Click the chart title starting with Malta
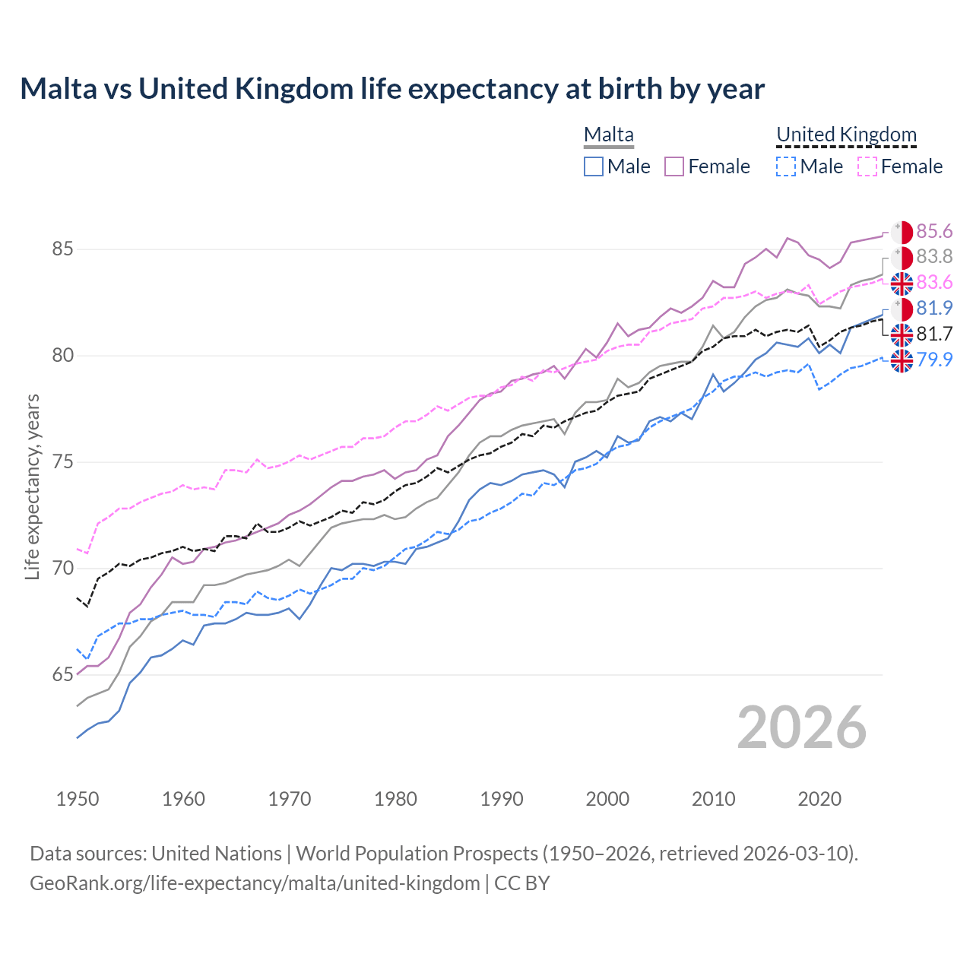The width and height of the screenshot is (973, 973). (x=392, y=89)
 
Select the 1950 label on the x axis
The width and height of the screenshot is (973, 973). (x=78, y=799)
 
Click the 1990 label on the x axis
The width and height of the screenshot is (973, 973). (x=502, y=799)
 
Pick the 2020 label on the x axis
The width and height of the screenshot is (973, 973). (x=819, y=799)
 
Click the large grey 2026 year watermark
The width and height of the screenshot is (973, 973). (x=801, y=727)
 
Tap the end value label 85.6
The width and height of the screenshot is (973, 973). (x=934, y=232)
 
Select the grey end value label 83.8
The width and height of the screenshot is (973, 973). (x=934, y=257)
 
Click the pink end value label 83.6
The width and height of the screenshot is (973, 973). (x=934, y=283)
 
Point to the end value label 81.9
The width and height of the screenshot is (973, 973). (x=934, y=308)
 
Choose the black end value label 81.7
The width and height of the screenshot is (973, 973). (x=934, y=334)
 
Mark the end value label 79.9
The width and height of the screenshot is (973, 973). (x=934, y=360)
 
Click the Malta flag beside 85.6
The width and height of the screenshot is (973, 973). (x=902, y=233)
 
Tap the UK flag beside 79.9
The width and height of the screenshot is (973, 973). (x=902, y=360)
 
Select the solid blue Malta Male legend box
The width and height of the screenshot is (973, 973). (x=594, y=166)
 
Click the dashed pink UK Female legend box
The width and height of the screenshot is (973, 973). (x=867, y=166)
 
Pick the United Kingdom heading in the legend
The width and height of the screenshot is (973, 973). (x=846, y=135)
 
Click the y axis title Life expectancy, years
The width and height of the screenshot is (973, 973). (x=32, y=486)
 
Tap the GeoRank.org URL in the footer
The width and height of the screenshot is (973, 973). (x=255, y=883)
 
